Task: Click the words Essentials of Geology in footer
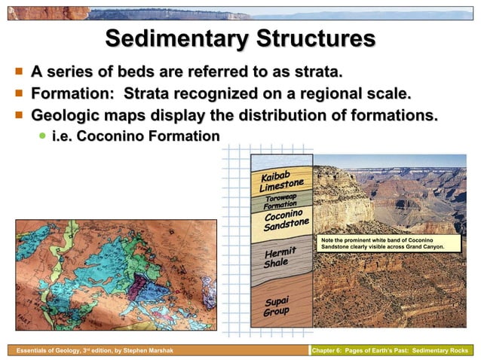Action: pos(39,351)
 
